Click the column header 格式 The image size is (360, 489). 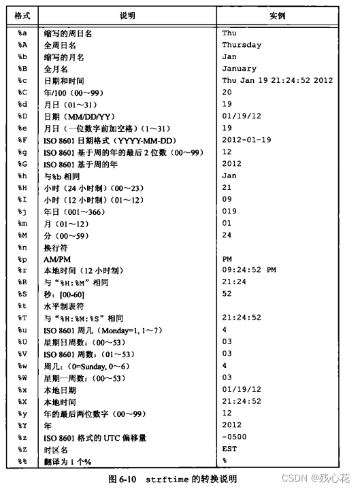22,14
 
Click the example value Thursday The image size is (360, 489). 242,45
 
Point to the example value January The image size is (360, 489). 239,69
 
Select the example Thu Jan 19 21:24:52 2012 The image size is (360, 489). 277,80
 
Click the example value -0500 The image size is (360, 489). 234,437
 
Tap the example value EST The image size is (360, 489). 229,449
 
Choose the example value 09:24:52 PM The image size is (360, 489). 249,270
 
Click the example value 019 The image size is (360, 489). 229,211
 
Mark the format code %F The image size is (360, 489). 22,139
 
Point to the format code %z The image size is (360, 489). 22,437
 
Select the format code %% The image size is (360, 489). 22,461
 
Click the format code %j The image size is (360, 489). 22,211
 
